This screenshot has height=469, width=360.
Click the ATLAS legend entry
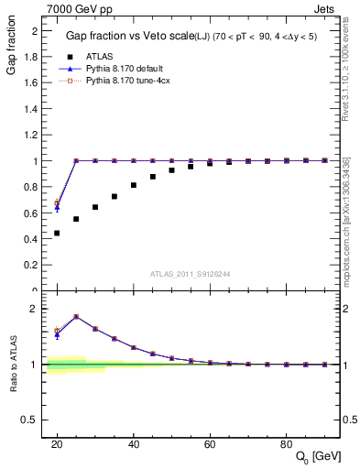click(x=99, y=57)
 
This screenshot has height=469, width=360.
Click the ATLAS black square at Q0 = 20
click(x=57, y=233)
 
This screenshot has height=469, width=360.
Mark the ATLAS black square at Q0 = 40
click(x=134, y=185)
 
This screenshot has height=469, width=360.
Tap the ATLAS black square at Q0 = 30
click(x=95, y=207)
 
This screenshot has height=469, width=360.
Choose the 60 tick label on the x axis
click(x=210, y=443)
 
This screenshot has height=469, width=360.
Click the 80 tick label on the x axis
click(x=287, y=443)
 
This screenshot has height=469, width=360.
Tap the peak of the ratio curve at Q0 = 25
click(x=76, y=316)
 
